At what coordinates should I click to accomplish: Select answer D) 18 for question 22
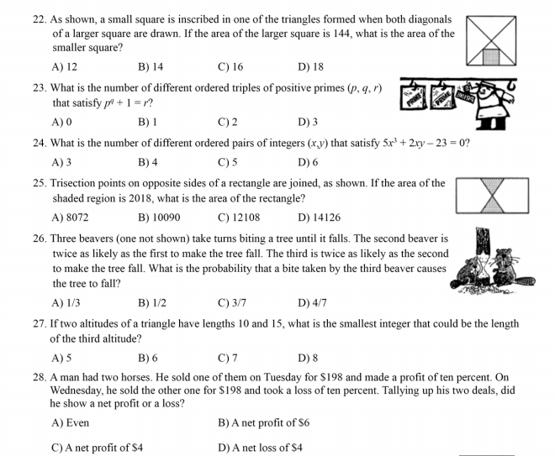[x=310, y=66]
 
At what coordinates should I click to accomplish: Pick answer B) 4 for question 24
[x=148, y=161]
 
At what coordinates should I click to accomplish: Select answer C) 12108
[x=238, y=218]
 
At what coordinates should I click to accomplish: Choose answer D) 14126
[x=319, y=218]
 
